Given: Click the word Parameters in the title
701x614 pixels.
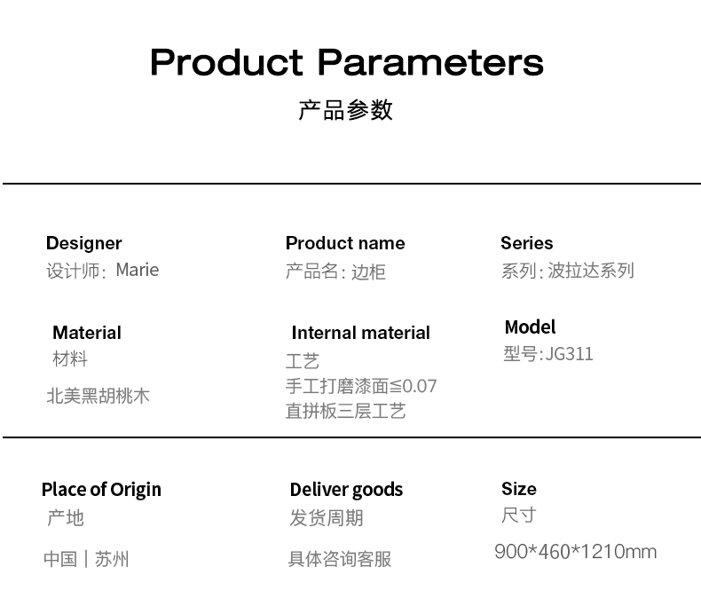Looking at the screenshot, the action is tap(430, 63).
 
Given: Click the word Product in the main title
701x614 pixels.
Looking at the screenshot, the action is tap(226, 62).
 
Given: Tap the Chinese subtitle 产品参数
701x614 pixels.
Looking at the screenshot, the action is tap(345, 110).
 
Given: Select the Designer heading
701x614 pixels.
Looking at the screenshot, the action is tap(83, 244).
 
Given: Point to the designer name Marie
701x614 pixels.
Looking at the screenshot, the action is tap(138, 270).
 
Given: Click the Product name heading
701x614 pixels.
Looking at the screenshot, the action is tap(345, 243).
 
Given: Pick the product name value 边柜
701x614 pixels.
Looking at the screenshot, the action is tap(368, 272).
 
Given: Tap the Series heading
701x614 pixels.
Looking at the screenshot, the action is tap(527, 243).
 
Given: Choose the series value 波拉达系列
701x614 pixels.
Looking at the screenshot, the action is tap(591, 271).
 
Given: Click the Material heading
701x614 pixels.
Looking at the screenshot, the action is tap(87, 333).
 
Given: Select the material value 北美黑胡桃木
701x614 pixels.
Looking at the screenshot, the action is tap(98, 397).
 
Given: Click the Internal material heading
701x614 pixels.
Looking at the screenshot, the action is tap(360, 333).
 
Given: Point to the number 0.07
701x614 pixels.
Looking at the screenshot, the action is tap(420, 386).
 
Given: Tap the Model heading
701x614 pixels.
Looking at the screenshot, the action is tap(530, 327).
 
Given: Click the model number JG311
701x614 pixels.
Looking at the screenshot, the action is tap(569, 354).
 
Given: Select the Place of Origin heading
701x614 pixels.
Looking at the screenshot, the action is tap(101, 490).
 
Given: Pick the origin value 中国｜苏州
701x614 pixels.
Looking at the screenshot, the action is tap(86, 559).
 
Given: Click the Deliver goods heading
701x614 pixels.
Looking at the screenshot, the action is tap(346, 490).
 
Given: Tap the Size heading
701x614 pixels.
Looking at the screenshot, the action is tap(518, 489).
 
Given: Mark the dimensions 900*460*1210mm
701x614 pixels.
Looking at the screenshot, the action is tap(575, 551).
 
